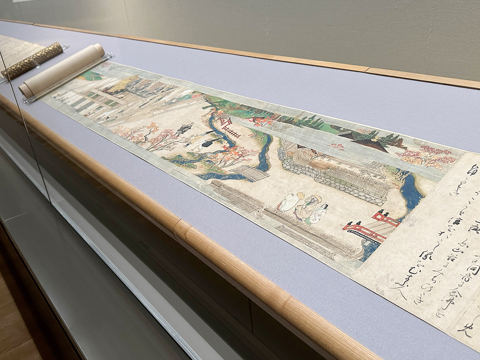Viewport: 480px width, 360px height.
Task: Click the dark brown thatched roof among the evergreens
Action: [370, 144]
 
